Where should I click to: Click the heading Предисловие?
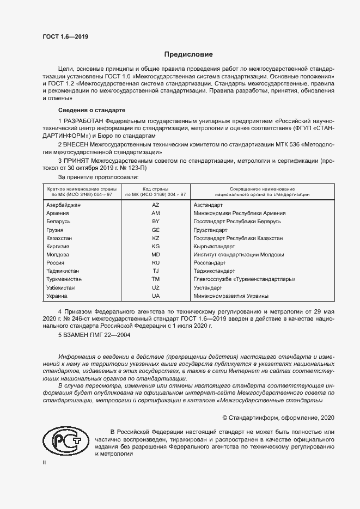(x=189, y=54)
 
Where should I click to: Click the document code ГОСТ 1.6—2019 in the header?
(x=65, y=37)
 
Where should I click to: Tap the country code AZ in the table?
(x=155, y=205)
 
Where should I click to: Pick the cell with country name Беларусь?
(x=58, y=222)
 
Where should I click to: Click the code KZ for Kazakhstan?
(x=155, y=238)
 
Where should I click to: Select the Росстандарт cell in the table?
(x=210, y=262)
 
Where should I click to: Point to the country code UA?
(x=155, y=296)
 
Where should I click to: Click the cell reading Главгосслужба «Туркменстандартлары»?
(x=245, y=279)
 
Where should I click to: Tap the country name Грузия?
(x=55, y=230)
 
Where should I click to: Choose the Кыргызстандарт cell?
(x=214, y=247)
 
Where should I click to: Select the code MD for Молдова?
(x=155, y=254)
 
